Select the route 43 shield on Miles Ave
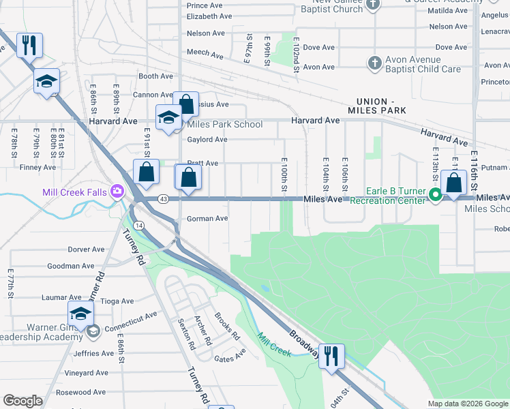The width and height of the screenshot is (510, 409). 163,198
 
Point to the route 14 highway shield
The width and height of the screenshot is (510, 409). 138,224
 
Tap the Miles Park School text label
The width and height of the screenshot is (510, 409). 225,124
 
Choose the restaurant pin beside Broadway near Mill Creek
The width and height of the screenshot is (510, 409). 331,355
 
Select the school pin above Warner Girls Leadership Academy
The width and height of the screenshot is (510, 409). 80,314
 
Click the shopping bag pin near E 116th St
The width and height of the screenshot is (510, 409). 453,183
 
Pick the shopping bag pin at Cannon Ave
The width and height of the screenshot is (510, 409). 185,104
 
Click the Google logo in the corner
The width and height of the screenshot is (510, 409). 22,401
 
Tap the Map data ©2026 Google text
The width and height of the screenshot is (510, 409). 468,404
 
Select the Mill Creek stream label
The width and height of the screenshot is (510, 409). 274,345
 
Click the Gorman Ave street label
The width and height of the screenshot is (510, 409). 207,219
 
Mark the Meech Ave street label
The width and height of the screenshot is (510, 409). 205,54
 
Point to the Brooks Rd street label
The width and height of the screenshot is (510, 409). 226,327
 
